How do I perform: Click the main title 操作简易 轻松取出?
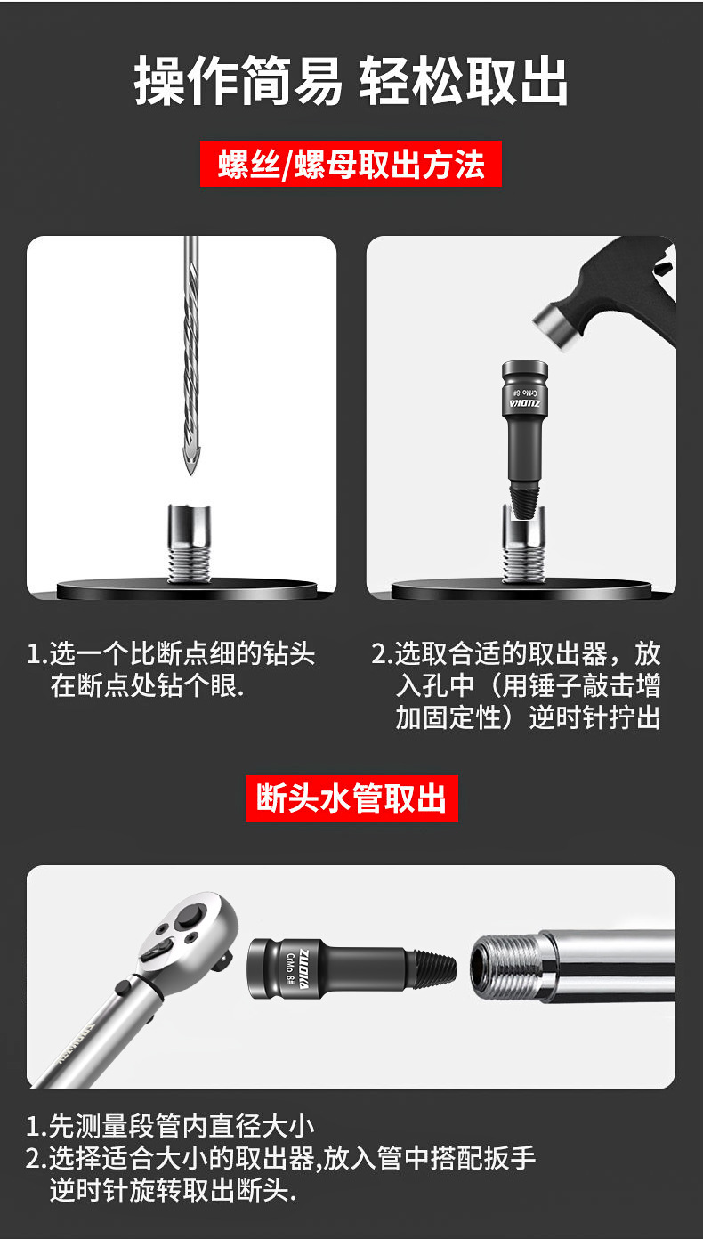tap(351, 82)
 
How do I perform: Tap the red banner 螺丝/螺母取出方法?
tap(351, 165)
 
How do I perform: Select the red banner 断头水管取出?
tap(351, 798)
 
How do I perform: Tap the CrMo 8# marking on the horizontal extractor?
tap(291, 968)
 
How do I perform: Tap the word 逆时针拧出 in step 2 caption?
tap(594, 718)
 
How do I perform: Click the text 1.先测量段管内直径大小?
tap(170, 1127)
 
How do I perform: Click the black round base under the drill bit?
tap(187, 589)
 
